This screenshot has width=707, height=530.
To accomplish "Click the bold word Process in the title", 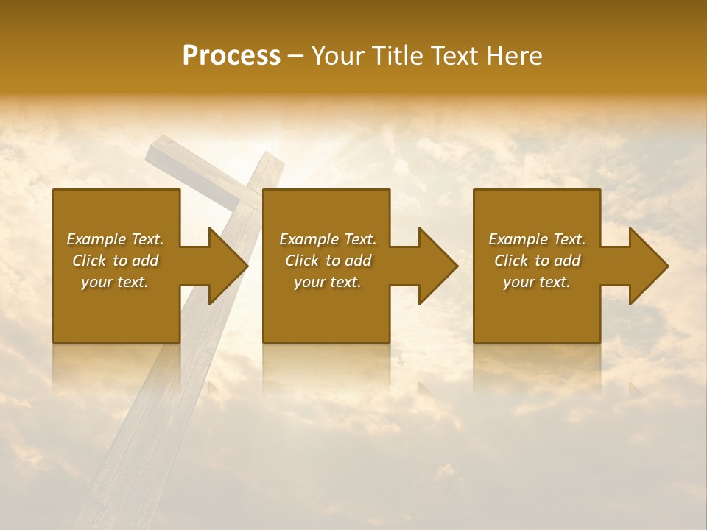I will (231, 55).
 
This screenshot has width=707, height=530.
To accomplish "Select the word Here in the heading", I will (515, 55).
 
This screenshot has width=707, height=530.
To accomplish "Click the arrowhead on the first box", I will (225, 266).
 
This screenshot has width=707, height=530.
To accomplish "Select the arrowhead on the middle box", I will (436, 266).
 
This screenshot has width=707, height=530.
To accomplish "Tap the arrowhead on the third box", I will (647, 266).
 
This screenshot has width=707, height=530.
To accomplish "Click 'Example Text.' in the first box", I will (116, 239).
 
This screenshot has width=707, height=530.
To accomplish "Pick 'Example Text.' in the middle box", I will (327, 239).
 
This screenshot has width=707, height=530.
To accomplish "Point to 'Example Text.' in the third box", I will (537, 239).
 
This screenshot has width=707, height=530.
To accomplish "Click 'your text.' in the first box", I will (116, 282).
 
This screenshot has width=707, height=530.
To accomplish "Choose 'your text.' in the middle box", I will (327, 282).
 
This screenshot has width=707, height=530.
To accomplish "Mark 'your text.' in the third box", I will (537, 282).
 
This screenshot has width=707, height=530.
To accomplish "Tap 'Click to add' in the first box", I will (116, 261).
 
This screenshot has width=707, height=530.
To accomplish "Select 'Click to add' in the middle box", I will (327, 261).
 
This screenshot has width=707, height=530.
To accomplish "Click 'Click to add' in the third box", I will (537, 261).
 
